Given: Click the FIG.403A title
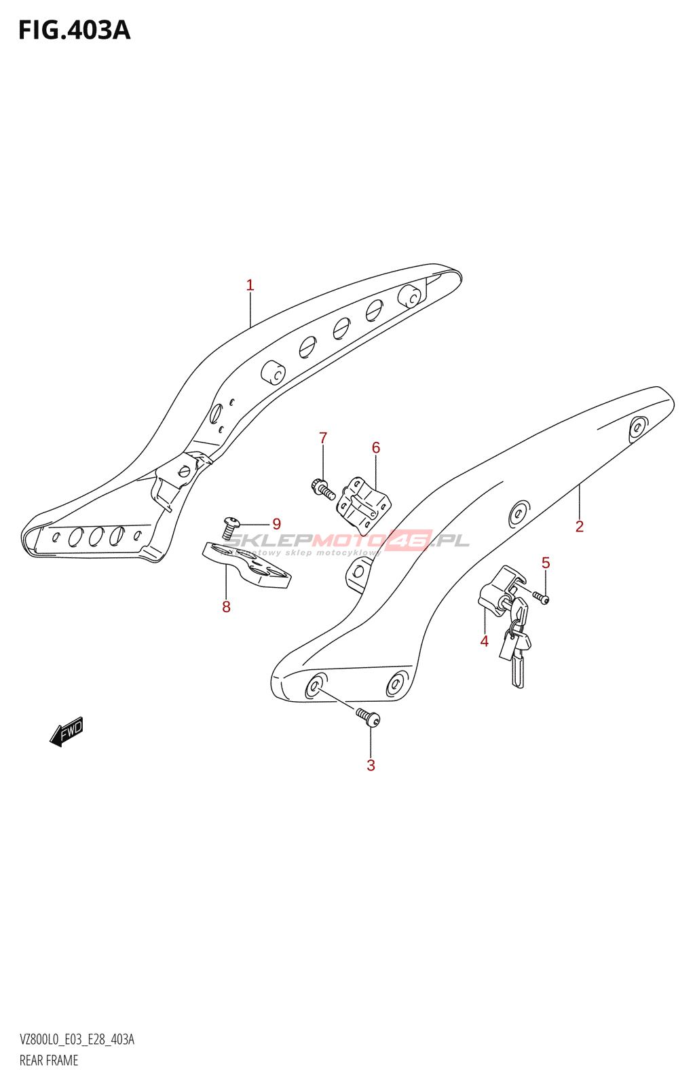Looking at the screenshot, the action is [74, 31].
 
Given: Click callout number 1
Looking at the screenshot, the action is [250, 285].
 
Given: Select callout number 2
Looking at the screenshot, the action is [579, 526].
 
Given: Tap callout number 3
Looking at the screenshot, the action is [371, 765].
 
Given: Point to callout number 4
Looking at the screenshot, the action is [484, 641].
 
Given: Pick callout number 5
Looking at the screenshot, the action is [546, 563].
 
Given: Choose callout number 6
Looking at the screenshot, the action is [375, 448].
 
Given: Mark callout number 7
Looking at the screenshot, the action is [323, 438].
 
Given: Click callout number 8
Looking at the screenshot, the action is [226, 607].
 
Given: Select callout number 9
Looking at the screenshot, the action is [276, 524].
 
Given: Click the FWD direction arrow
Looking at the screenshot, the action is [67, 732].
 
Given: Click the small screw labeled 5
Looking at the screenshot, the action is [541, 597].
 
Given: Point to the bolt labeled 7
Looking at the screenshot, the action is [322, 488].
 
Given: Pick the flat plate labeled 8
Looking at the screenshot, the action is [247, 565].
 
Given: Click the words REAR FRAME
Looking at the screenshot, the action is [49, 1060].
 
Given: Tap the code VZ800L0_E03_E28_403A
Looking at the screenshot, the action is [77, 1040].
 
